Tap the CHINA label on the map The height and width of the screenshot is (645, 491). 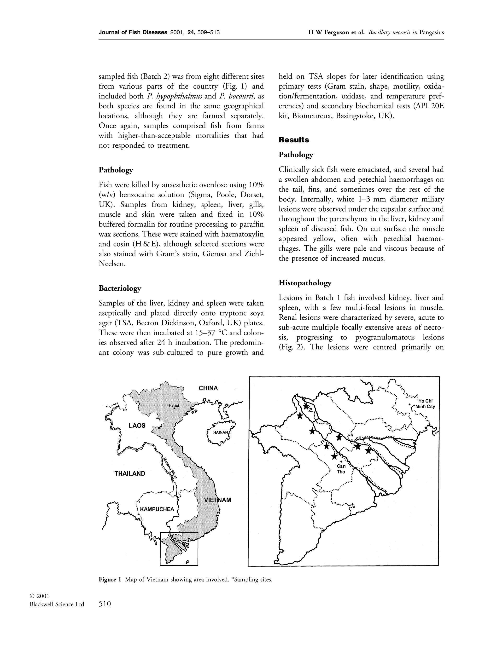pyautogui.click(x=208, y=388)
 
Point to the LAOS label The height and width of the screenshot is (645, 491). pyautogui.click(x=137, y=425)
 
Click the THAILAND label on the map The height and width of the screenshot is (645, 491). pyautogui.click(x=130, y=473)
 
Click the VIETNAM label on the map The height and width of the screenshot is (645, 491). pyautogui.click(x=217, y=500)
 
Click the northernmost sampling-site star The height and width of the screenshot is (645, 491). pyautogui.click(x=306, y=406)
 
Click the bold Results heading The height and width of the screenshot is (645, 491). pyautogui.click(x=293, y=140)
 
